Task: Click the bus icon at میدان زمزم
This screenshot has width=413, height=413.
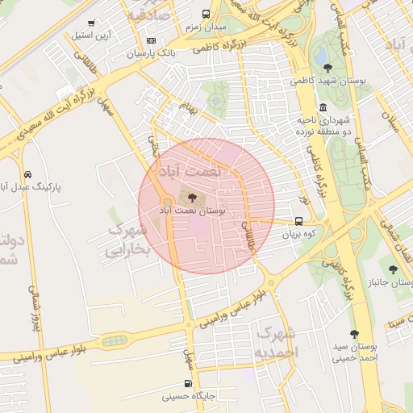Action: (x=206, y=14)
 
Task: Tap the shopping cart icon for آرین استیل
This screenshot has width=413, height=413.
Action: (x=91, y=23)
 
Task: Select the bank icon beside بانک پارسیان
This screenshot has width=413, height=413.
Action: (x=151, y=40)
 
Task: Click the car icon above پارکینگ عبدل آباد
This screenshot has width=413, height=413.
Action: (x=28, y=174)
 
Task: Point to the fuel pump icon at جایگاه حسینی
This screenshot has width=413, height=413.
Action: (x=188, y=384)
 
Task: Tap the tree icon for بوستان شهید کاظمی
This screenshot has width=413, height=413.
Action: (x=327, y=68)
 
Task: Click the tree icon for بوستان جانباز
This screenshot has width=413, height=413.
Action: (x=393, y=269)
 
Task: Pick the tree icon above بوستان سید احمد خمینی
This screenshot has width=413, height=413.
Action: (x=354, y=334)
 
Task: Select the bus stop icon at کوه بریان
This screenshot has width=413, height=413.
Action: (x=299, y=221)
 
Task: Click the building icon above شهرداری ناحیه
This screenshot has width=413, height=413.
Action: (x=323, y=107)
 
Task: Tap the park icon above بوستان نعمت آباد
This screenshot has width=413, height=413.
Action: (x=191, y=198)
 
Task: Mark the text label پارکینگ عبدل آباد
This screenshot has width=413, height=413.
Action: (x=36, y=186)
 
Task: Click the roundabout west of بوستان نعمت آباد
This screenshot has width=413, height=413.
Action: (x=167, y=202)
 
